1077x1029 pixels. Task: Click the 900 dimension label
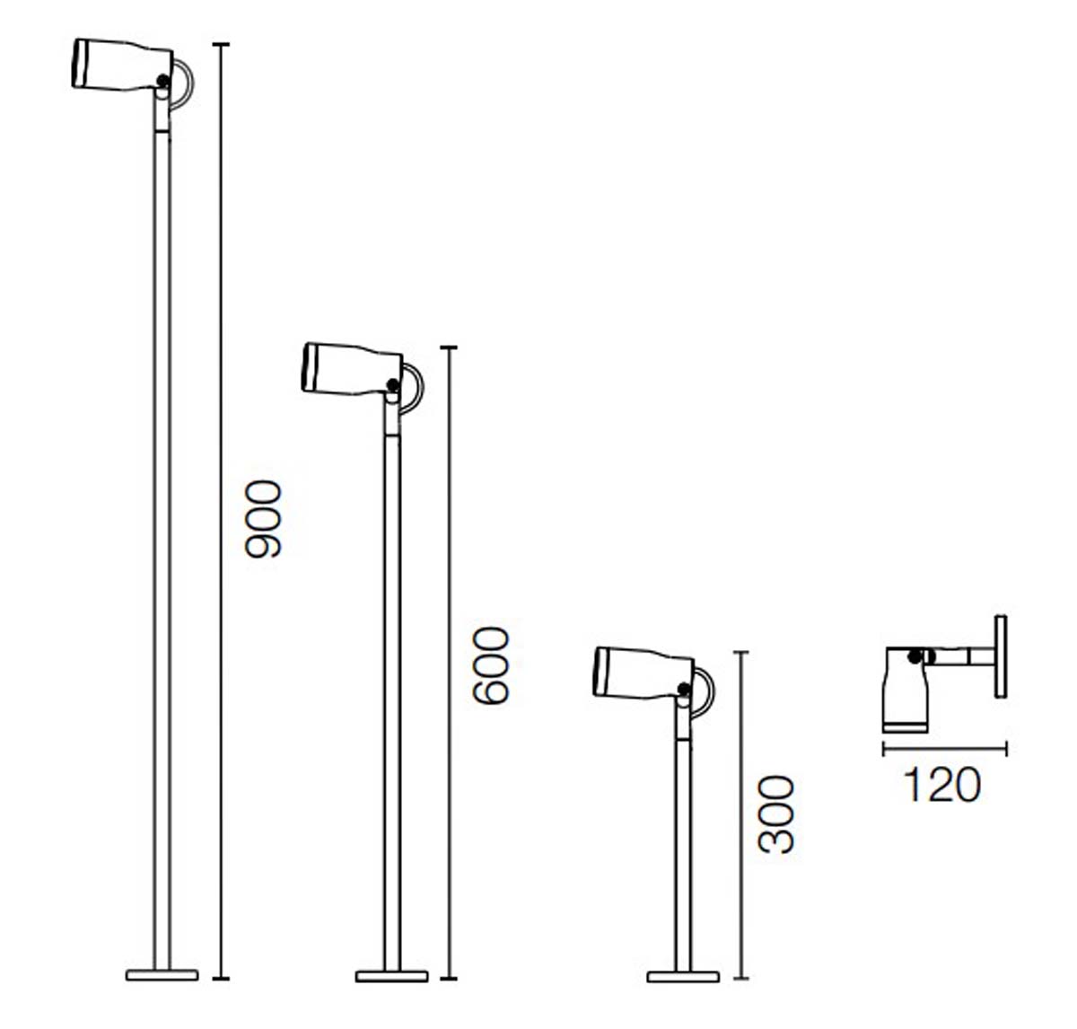click(264, 519)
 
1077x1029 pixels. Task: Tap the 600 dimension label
click(491, 665)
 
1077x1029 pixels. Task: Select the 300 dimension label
click(776, 814)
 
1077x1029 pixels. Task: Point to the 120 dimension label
click(941, 785)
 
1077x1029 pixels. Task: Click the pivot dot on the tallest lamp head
click(162, 81)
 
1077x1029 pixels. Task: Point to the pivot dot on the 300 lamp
click(684, 690)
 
